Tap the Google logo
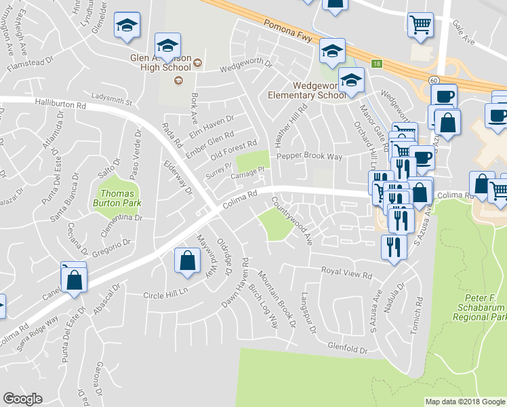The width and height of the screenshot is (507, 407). [22, 399]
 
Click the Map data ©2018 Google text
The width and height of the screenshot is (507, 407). [464, 402]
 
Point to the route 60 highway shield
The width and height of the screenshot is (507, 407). [432, 79]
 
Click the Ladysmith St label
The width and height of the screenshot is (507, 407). [113, 99]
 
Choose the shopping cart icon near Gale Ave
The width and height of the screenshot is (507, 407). [421, 24]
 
